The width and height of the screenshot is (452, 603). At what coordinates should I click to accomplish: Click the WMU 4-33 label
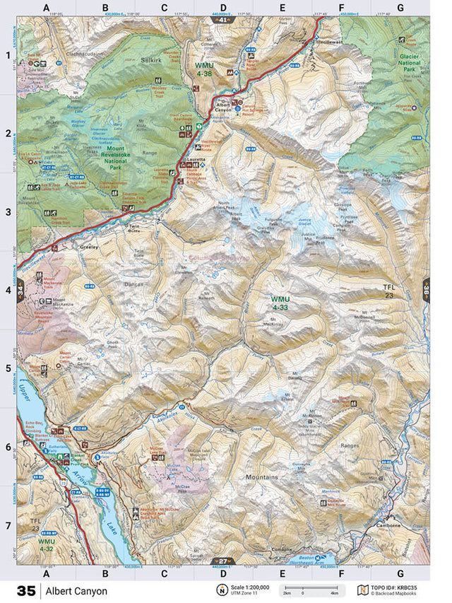pos(280,303)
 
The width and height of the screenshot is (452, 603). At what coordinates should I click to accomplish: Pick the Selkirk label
pos(151,62)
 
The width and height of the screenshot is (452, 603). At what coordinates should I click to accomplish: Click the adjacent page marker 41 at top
pos(222,20)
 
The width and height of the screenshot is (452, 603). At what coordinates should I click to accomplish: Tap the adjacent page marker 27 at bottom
pos(222,561)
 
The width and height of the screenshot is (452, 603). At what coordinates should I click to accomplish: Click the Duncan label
pos(133,283)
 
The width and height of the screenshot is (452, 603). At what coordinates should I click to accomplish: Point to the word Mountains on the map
pos(261,478)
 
